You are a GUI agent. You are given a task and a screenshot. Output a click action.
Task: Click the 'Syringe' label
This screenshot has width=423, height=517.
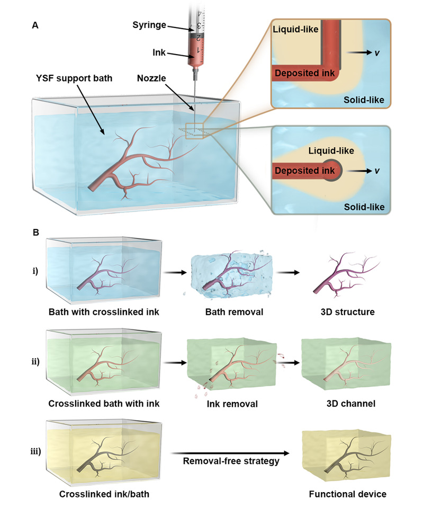[149, 25]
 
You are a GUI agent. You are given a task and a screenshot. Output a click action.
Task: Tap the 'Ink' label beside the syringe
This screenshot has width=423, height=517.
[159, 52]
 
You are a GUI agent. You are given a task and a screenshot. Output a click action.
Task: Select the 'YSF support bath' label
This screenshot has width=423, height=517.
[74, 78]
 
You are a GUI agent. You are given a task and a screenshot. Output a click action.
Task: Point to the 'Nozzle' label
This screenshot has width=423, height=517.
[151, 78]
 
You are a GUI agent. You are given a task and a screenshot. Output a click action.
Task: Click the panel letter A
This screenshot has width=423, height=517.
[35, 25]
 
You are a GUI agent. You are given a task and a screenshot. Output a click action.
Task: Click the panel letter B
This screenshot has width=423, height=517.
[36, 233]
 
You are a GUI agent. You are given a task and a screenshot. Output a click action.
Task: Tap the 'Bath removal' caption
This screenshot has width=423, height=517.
[234, 312]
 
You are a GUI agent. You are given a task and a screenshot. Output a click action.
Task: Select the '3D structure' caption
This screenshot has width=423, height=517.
[347, 312]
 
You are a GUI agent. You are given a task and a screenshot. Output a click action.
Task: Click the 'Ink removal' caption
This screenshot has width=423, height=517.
[232, 404]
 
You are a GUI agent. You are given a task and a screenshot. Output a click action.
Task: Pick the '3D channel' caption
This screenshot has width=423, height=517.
[351, 404]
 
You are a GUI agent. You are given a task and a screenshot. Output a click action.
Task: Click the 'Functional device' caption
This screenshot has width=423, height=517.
[347, 494]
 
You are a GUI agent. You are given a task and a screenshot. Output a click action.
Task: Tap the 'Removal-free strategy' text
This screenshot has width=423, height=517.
[231, 461]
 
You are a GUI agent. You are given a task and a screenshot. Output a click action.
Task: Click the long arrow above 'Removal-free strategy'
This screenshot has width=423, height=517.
[230, 453]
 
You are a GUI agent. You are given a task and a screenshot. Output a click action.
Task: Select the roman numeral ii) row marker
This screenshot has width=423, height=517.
[35, 361]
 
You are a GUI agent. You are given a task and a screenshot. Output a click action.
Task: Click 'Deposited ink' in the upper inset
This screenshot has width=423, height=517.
[305, 73]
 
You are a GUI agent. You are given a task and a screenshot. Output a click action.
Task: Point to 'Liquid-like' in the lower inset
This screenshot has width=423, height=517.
[331, 150]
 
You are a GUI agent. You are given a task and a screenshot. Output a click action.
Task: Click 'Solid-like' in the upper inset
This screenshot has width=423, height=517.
[364, 100]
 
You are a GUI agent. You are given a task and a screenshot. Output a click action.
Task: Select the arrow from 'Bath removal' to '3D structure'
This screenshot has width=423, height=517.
[288, 272]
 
